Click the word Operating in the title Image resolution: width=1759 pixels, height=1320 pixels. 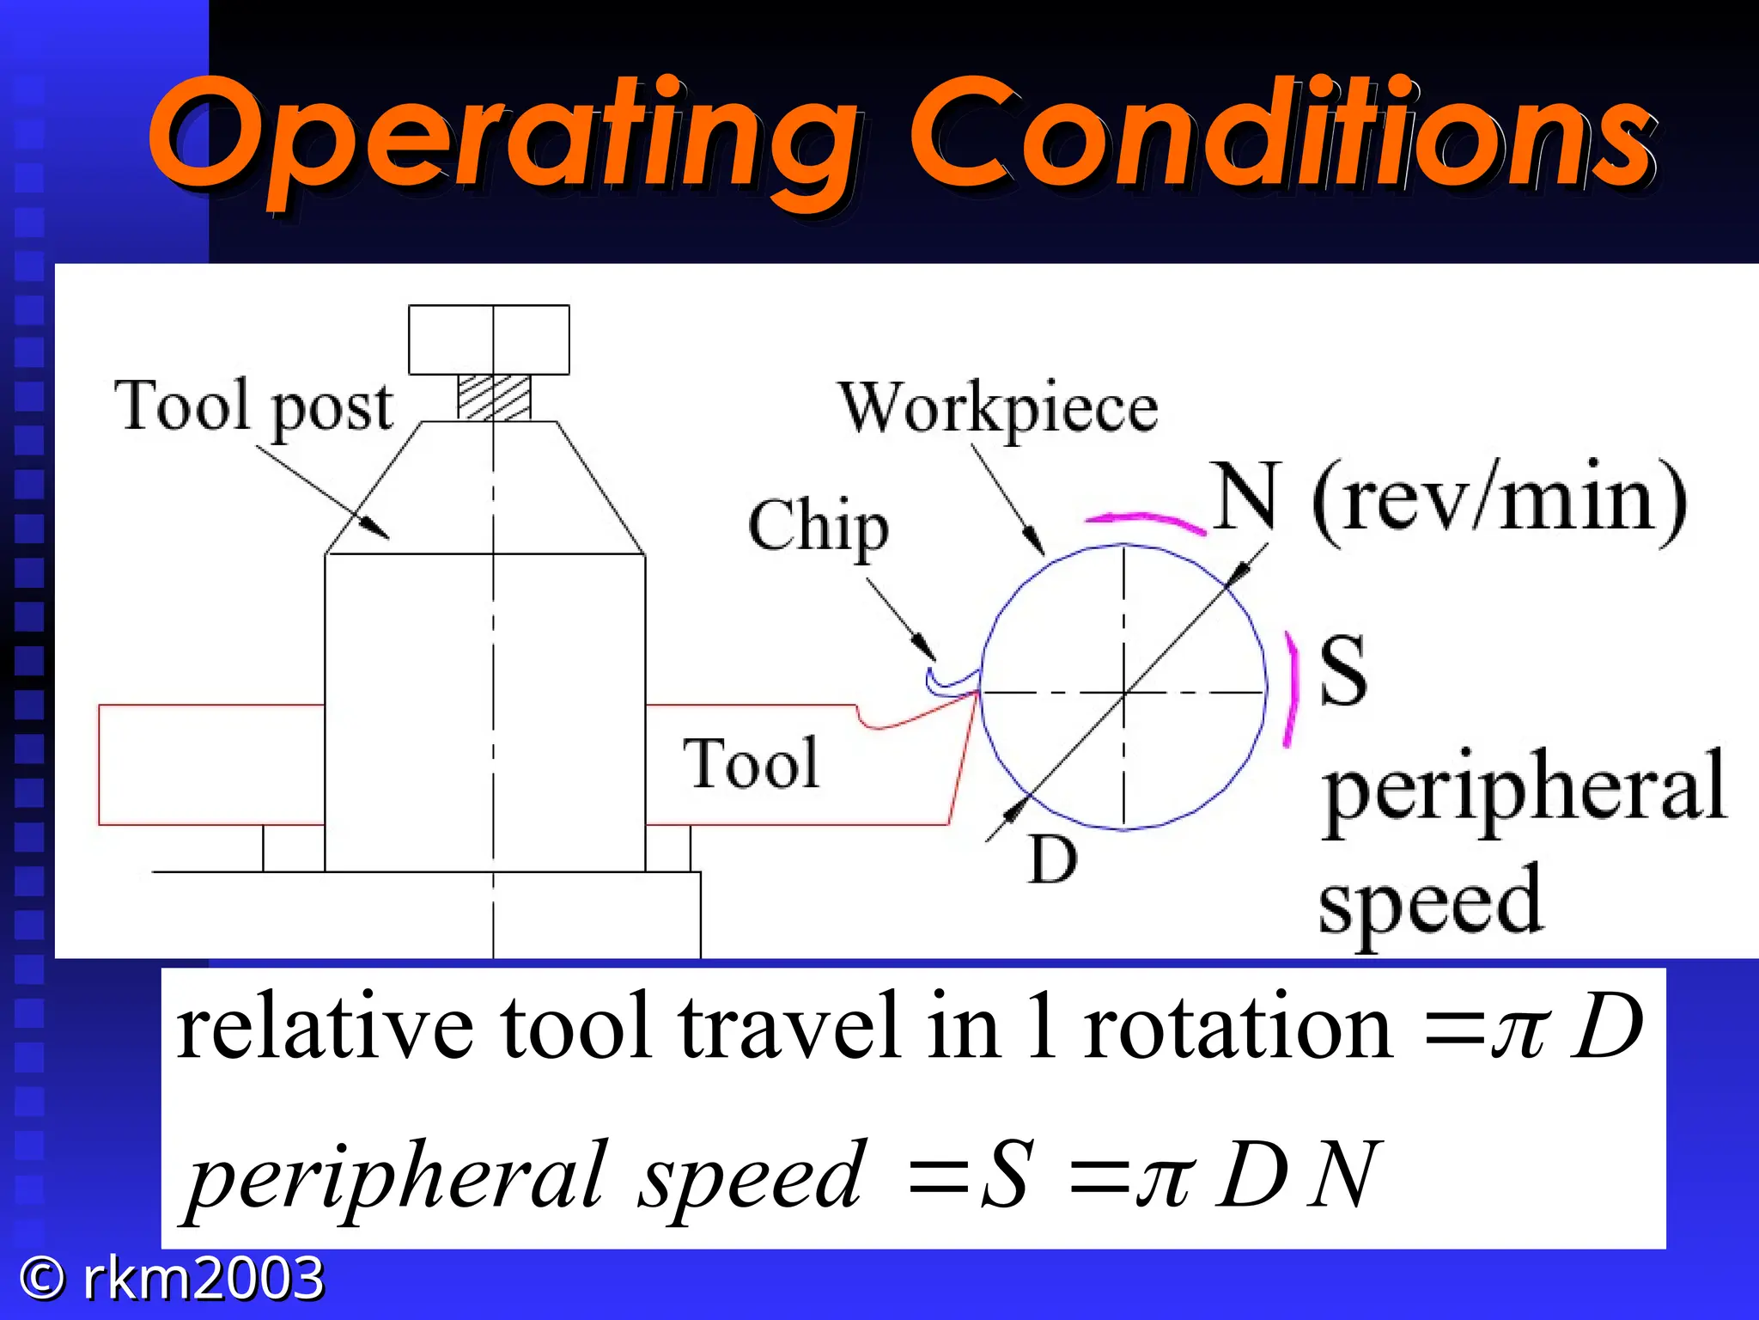502,137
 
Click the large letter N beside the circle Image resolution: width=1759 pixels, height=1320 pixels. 1247,497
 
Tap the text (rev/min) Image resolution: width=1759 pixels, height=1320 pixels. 1500,500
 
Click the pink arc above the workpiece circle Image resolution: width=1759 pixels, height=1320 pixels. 1145,521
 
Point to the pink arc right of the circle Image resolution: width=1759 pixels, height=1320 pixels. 1290,689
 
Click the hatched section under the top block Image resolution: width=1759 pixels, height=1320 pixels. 494,398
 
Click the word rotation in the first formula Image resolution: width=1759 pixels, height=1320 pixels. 1238,1028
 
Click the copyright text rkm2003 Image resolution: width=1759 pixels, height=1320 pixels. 203,1278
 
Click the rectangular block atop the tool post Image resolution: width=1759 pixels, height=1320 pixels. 489,339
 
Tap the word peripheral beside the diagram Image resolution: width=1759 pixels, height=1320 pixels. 1524,786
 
